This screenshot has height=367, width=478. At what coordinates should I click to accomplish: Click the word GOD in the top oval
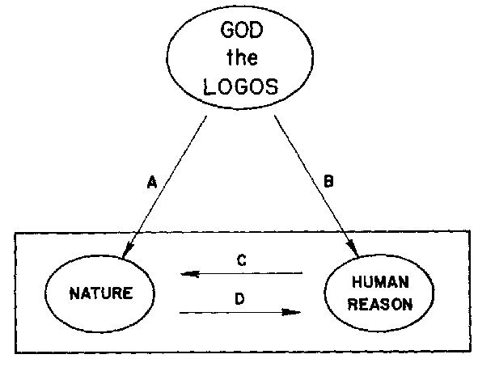[x=242, y=30]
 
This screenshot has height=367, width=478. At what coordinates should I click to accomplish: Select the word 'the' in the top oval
[x=242, y=57]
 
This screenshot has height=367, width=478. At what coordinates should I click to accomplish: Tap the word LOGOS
[x=240, y=86]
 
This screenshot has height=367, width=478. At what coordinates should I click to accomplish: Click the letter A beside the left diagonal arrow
[x=152, y=182]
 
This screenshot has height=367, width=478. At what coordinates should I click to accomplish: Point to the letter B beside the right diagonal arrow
[x=328, y=181]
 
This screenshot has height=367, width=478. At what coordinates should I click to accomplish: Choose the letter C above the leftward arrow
[x=242, y=261]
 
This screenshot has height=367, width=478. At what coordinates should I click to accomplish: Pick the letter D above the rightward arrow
[x=239, y=298]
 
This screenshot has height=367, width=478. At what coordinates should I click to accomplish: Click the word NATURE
[x=101, y=293]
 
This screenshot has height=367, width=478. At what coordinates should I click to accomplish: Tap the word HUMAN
[x=380, y=282]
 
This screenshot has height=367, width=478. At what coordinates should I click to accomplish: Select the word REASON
[x=380, y=304]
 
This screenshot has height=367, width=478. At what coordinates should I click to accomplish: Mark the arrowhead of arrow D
[x=291, y=312]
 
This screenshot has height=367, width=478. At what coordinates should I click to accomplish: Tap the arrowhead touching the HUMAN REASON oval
[x=352, y=247]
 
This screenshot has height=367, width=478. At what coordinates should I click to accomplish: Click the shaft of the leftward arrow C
[x=241, y=273]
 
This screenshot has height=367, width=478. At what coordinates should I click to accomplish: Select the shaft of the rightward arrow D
[x=240, y=313]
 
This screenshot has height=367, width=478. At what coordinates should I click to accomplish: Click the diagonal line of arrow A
[x=164, y=188]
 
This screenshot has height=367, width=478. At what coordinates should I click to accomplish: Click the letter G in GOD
[x=227, y=30]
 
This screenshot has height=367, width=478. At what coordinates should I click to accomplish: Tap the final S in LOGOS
[x=272, y=86]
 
